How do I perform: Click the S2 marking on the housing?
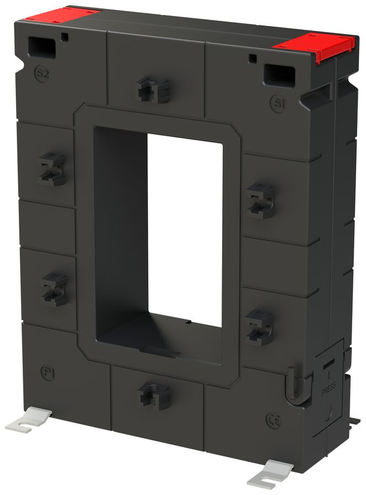[x=41, y=74]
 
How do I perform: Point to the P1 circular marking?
[x=48, y=371]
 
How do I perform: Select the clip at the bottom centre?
[x=154, y=395]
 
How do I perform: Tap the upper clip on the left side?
[x=52, y=169]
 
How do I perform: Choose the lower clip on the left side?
[x=54, y=288]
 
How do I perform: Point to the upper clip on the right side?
[x=259, y=200]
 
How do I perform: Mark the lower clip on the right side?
[x=259, y=326]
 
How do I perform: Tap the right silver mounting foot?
[x=270, y=474]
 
